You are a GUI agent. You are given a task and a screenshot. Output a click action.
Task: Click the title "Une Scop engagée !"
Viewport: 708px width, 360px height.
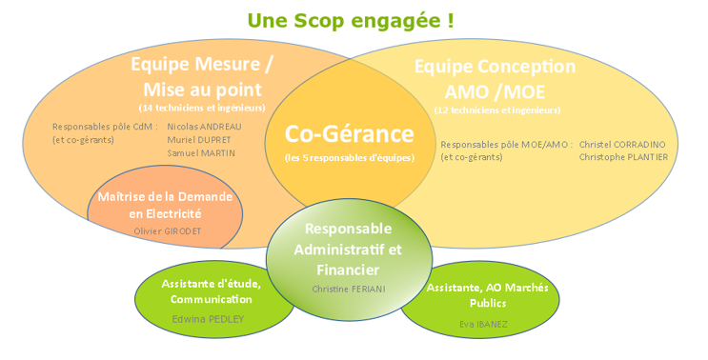pos(351,21)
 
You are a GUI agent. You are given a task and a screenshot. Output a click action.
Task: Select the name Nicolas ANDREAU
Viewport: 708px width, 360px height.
pos(204,127)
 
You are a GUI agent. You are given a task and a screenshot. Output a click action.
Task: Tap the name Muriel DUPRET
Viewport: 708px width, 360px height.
pos(198,140)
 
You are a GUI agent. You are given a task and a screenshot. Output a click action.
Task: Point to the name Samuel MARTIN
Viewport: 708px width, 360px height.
pos(201,153)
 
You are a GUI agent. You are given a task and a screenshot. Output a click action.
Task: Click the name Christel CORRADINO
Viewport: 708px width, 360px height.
pos(622,145)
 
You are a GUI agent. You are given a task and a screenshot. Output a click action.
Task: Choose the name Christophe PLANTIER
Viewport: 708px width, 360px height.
pos(623,157)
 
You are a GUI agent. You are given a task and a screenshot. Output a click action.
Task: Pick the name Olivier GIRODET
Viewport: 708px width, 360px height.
pos(168,231)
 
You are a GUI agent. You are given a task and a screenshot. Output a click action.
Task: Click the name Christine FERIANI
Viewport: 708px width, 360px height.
pos(349,289)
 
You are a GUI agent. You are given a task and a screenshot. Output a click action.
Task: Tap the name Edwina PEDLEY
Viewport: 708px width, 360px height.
pos(208,319)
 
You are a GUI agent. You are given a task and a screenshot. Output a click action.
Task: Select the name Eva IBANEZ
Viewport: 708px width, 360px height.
pos(483,324)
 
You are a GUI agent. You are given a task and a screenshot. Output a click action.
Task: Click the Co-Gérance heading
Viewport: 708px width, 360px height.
pos(349,133)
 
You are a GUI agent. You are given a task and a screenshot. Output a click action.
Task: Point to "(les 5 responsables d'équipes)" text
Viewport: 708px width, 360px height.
pos(350,158)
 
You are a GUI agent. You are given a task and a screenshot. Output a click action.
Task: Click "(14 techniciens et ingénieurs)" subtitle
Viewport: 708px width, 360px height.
pos(202,108)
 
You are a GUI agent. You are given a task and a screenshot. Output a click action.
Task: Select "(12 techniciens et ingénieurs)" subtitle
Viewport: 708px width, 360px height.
pos(497,110)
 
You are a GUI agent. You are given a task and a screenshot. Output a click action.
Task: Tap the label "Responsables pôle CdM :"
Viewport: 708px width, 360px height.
pos(105,127)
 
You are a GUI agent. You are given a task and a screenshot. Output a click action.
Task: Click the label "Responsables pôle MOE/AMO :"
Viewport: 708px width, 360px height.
pos(507,145)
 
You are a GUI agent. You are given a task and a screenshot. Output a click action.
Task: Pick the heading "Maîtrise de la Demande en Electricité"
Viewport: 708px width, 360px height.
pos(165,205)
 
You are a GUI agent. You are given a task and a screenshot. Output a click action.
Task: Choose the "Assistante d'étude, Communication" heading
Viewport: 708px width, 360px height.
pos(212,291)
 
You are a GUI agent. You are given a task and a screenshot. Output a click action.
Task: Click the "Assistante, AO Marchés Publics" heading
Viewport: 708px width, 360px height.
pos(488,295)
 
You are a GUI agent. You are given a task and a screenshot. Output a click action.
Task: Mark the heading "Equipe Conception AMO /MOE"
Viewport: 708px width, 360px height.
pos(495,79)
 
